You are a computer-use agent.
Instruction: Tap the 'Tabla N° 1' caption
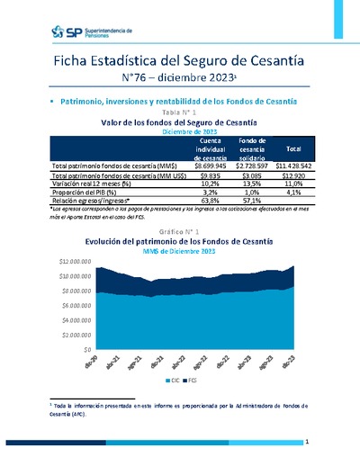179,112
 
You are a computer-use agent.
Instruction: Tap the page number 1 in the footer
307,443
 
